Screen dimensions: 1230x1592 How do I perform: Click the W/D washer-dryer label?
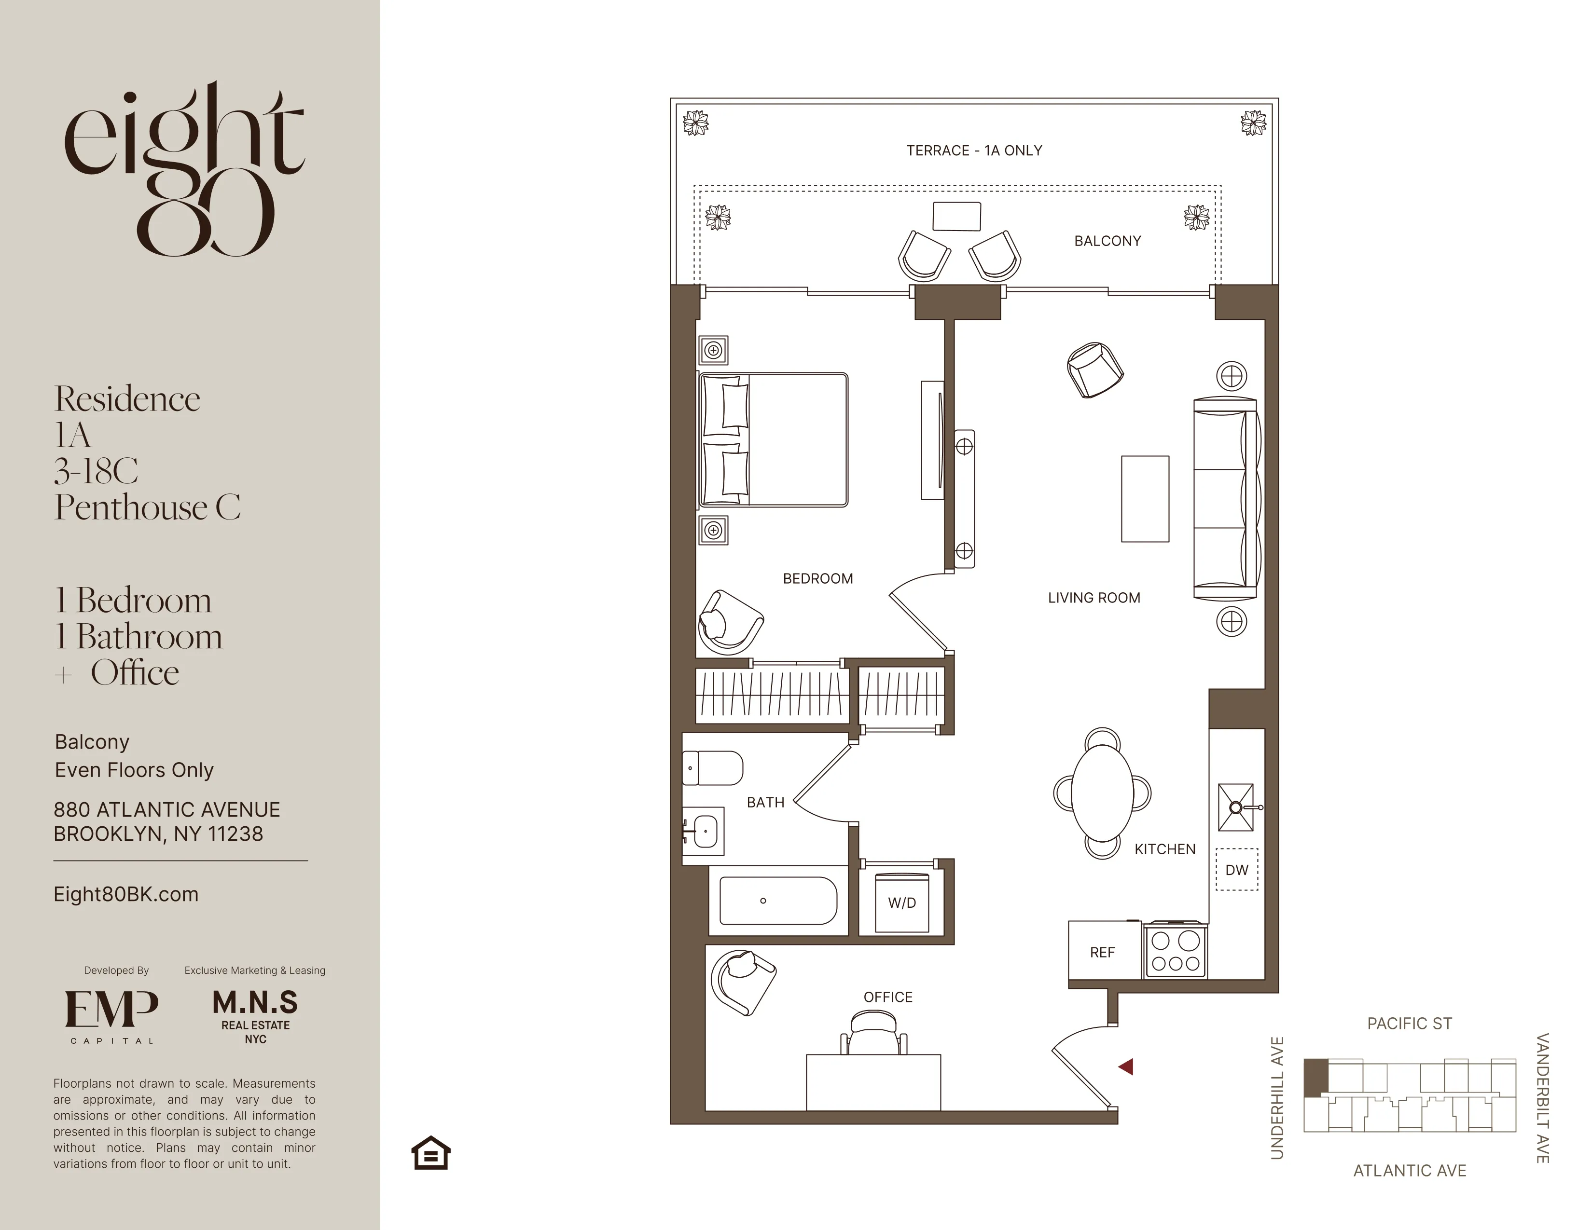[902, 903]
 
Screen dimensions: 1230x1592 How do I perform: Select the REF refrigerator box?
[1102, 952]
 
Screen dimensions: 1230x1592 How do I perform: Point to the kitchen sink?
[1236, 807]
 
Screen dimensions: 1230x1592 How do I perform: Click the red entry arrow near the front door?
[1126, 1067]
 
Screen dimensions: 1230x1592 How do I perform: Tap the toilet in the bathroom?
[713, 768]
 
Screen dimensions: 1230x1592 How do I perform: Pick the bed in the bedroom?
[774, 439]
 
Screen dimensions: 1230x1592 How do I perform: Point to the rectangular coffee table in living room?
[1145, 499]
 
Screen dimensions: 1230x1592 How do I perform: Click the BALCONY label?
[1107, 241]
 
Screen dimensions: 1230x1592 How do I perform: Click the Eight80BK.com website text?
[126, 894]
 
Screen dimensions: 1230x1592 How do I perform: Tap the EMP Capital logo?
[111, 1015]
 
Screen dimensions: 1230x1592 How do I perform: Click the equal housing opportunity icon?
[431, 1153]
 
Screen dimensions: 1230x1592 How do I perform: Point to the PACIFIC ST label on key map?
[1409, 1024]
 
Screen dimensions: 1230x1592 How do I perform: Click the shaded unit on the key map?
[1315, 1077]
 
